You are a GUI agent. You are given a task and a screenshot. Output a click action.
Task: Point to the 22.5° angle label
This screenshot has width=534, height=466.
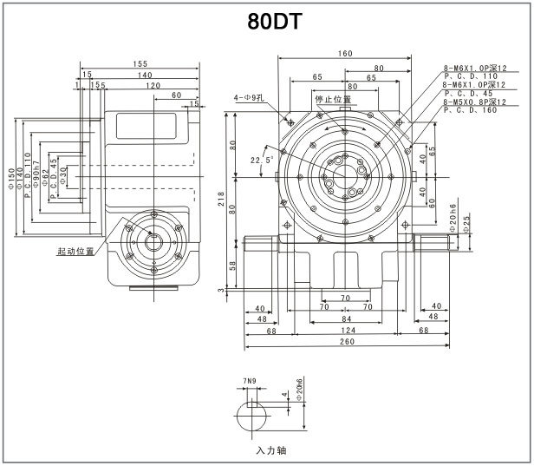(262, 161)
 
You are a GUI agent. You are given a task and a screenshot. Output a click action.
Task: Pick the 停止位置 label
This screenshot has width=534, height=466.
(334, 99)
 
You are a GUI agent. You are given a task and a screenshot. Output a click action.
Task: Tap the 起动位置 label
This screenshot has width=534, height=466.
(75, 251)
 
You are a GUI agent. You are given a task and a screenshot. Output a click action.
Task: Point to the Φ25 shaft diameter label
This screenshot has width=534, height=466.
(466, 222)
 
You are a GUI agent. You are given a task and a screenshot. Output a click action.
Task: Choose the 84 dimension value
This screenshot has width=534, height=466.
(345, 318)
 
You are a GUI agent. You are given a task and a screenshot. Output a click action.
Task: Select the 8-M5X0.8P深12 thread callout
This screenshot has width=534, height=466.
(473, 102)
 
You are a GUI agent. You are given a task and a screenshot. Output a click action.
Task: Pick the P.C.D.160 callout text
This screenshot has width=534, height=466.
(470, 111)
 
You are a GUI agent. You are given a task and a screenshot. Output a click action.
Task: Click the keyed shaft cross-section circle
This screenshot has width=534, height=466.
(252, 419)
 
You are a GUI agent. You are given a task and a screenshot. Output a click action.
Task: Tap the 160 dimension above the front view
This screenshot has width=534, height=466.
(345, 54)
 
